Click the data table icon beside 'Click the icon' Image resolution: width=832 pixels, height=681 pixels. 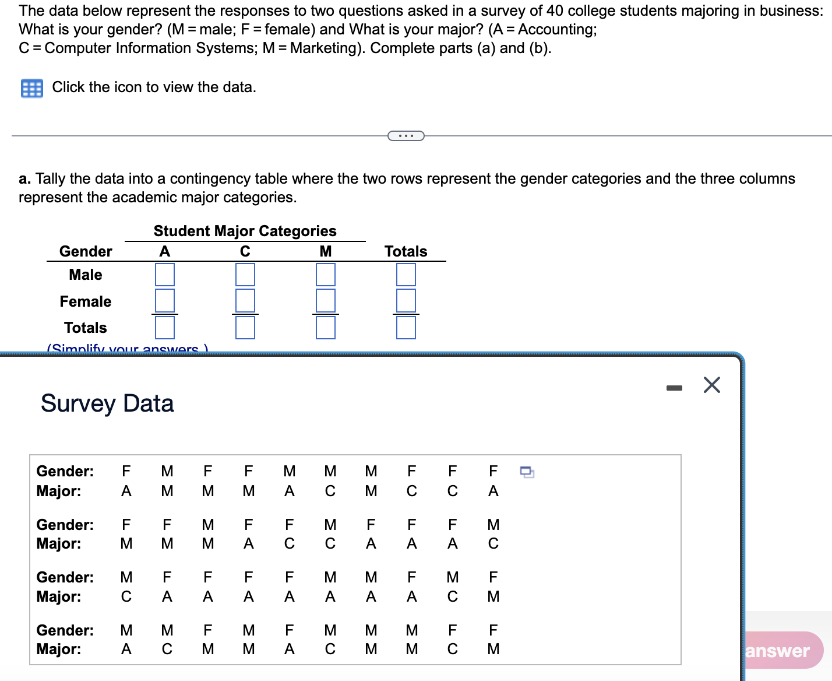(x=32, y=88)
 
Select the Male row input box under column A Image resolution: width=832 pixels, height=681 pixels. (x=165, y=275)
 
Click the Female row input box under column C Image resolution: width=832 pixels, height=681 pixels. (x=245, y=300)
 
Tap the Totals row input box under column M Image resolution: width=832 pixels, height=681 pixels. (x=326, y=327)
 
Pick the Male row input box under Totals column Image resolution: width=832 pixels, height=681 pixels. (x=406, y=275)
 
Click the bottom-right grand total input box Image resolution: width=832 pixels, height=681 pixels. (x=406, y=327)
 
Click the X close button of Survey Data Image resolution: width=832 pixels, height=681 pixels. (x=711, y=385)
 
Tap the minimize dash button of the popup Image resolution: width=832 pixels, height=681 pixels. (x=674, y=388)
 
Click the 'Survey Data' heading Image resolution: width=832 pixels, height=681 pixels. (x=107, y=403)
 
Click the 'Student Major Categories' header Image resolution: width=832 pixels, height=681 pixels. (x=245, y=231)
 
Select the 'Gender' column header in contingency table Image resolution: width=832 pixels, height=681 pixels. (x=86, y=251)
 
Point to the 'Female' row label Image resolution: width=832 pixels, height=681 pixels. (x=86, y=301)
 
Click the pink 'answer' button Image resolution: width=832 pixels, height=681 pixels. (x=781, y=651)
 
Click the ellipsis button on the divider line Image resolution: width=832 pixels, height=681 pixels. (x=406, y=136)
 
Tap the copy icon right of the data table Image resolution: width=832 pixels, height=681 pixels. (x=527, y=472)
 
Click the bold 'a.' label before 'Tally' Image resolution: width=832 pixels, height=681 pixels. (x=24, y=179)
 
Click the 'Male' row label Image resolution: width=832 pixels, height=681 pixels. (x=86, y=275)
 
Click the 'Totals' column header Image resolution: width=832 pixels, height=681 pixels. (x=406, y=251)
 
